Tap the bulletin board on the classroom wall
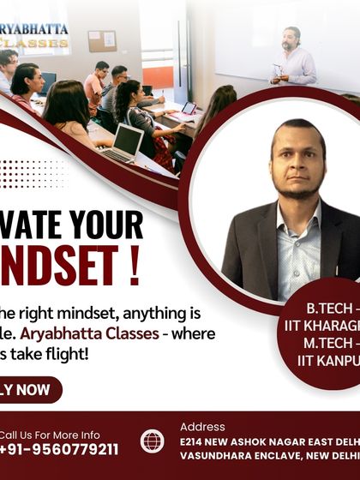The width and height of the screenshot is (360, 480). point(102,40)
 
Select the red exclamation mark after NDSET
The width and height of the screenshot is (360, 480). point(133,268)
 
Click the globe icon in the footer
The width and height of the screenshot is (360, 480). point(153,441)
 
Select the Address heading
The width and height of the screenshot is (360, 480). point(202,426)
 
